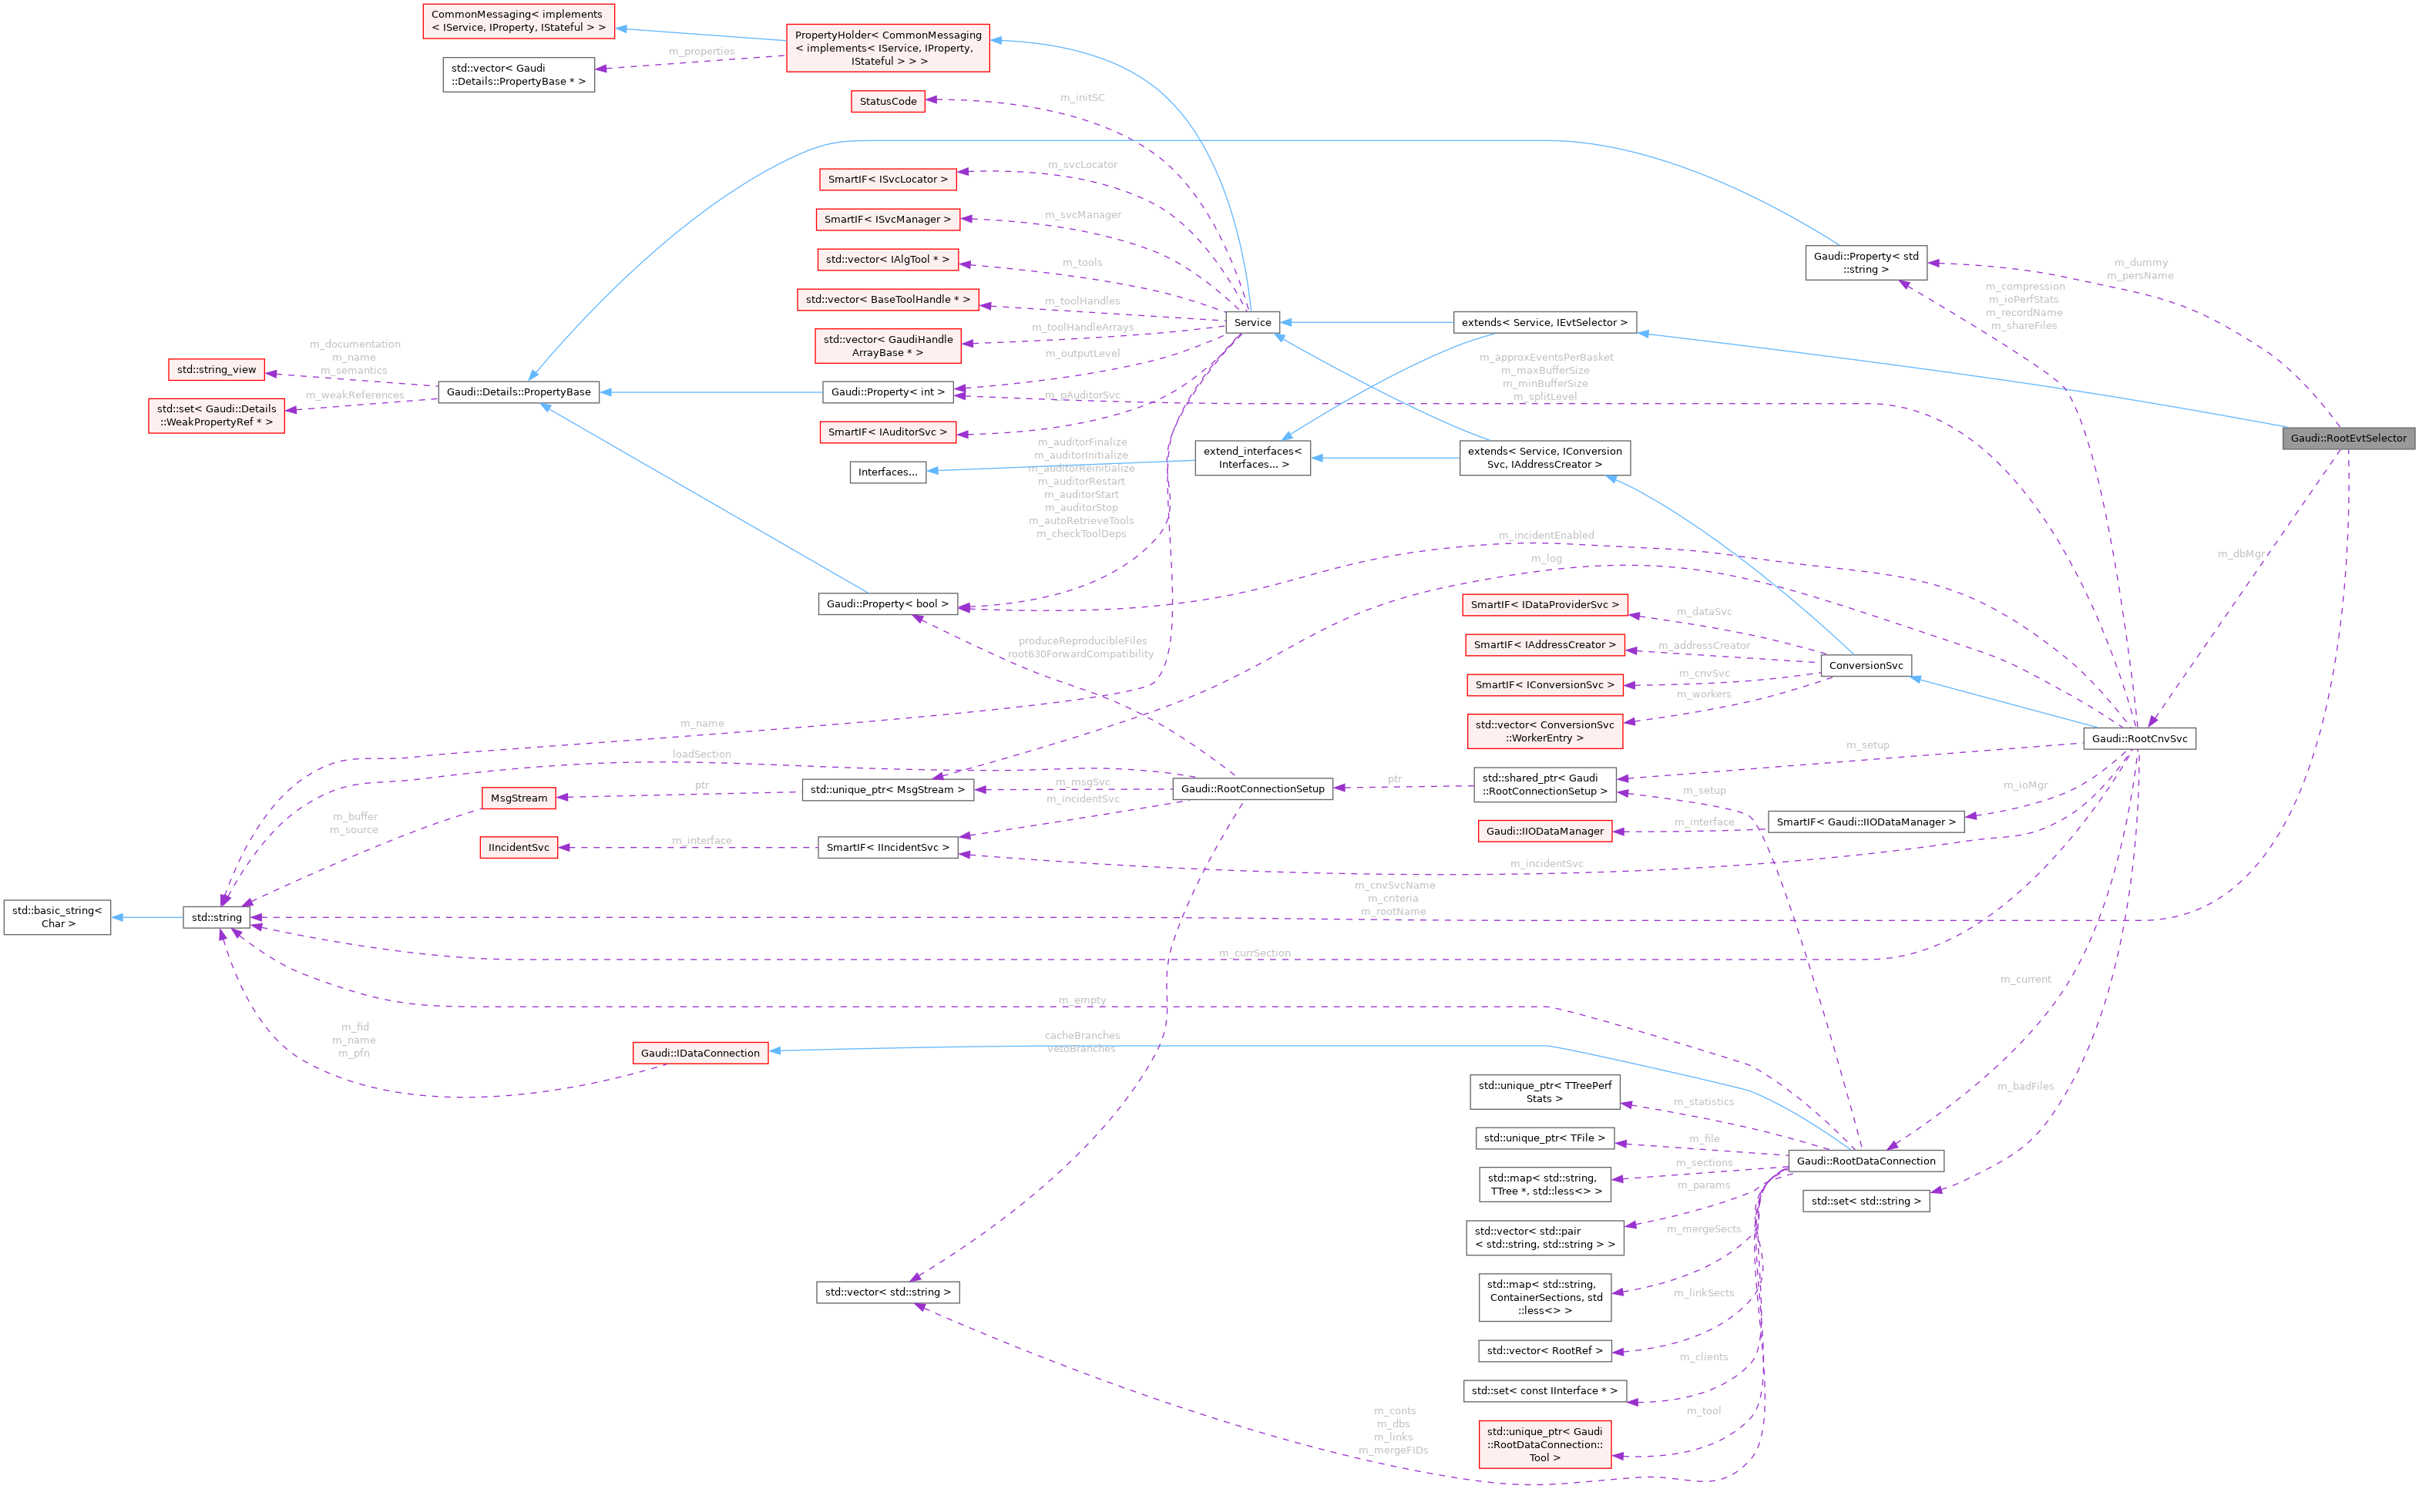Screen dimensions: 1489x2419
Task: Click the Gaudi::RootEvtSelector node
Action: tap(2348, 439)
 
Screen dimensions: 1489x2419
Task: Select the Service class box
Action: tap(1252, 322)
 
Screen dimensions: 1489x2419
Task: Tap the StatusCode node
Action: tap(887, 102)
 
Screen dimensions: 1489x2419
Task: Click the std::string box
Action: tap(217, 918)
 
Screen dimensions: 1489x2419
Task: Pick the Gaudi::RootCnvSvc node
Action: tap(2139, 738)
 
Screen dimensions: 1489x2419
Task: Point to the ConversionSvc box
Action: tap(1866, 666)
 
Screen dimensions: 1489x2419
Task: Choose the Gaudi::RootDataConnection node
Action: tap(1866, 1161)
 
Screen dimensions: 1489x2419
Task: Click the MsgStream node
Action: tap(519, 798)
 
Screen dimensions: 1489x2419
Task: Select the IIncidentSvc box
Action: tap(519, 847)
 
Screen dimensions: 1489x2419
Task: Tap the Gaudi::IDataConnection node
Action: tap(700, 1053)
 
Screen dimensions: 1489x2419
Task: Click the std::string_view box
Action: tap(217, 369)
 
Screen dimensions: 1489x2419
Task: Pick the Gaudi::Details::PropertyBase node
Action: tap(519, 392)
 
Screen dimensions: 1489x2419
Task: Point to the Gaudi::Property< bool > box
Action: tap(887, 603)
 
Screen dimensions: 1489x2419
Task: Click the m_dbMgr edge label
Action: tap(2241, 553)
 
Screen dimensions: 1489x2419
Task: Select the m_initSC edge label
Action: tap(1082, 97)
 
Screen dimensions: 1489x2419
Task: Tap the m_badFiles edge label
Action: tap(2025, 1086)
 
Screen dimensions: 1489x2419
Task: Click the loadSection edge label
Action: tap(702, 755)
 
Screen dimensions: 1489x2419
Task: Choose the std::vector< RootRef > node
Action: tap(1544, 1351)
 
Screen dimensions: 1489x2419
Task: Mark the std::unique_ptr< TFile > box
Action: tap(1544, 1138)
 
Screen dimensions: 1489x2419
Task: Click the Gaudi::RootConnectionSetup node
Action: tap(1252, 789)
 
